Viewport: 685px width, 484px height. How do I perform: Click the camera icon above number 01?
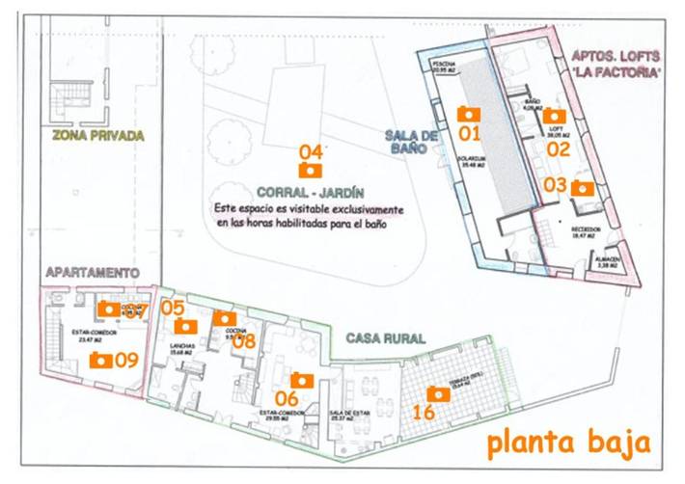(468, 114)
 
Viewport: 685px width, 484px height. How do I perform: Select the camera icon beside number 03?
(583, 189)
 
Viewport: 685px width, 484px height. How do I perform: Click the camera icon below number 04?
(310, 171)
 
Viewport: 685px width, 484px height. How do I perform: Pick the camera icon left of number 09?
(98, 360)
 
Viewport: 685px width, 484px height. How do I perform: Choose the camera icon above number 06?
(301, 380)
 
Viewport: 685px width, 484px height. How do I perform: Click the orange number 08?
(244, 339)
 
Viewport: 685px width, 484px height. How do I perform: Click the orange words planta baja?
(566, 444)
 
